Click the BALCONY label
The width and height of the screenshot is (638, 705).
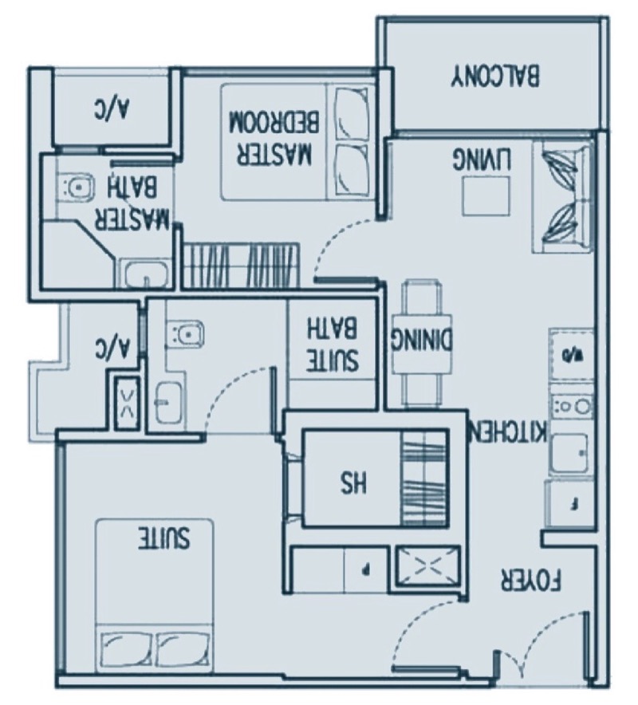coord(495,77)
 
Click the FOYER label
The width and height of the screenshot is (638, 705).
coord(530,580)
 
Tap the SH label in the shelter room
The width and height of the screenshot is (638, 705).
coord(354,484)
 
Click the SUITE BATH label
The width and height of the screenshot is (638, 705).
coord(333,345)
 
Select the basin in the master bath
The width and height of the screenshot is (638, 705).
coord(147,274)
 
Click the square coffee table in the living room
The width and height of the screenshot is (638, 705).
coord(487,195)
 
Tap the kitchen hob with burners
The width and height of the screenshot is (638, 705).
coord(572,407)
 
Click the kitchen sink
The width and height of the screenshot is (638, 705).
coord(569,453)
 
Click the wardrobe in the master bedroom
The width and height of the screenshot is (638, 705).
coord(241,265)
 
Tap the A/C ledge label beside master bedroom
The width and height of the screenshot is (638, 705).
coord(112,110)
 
